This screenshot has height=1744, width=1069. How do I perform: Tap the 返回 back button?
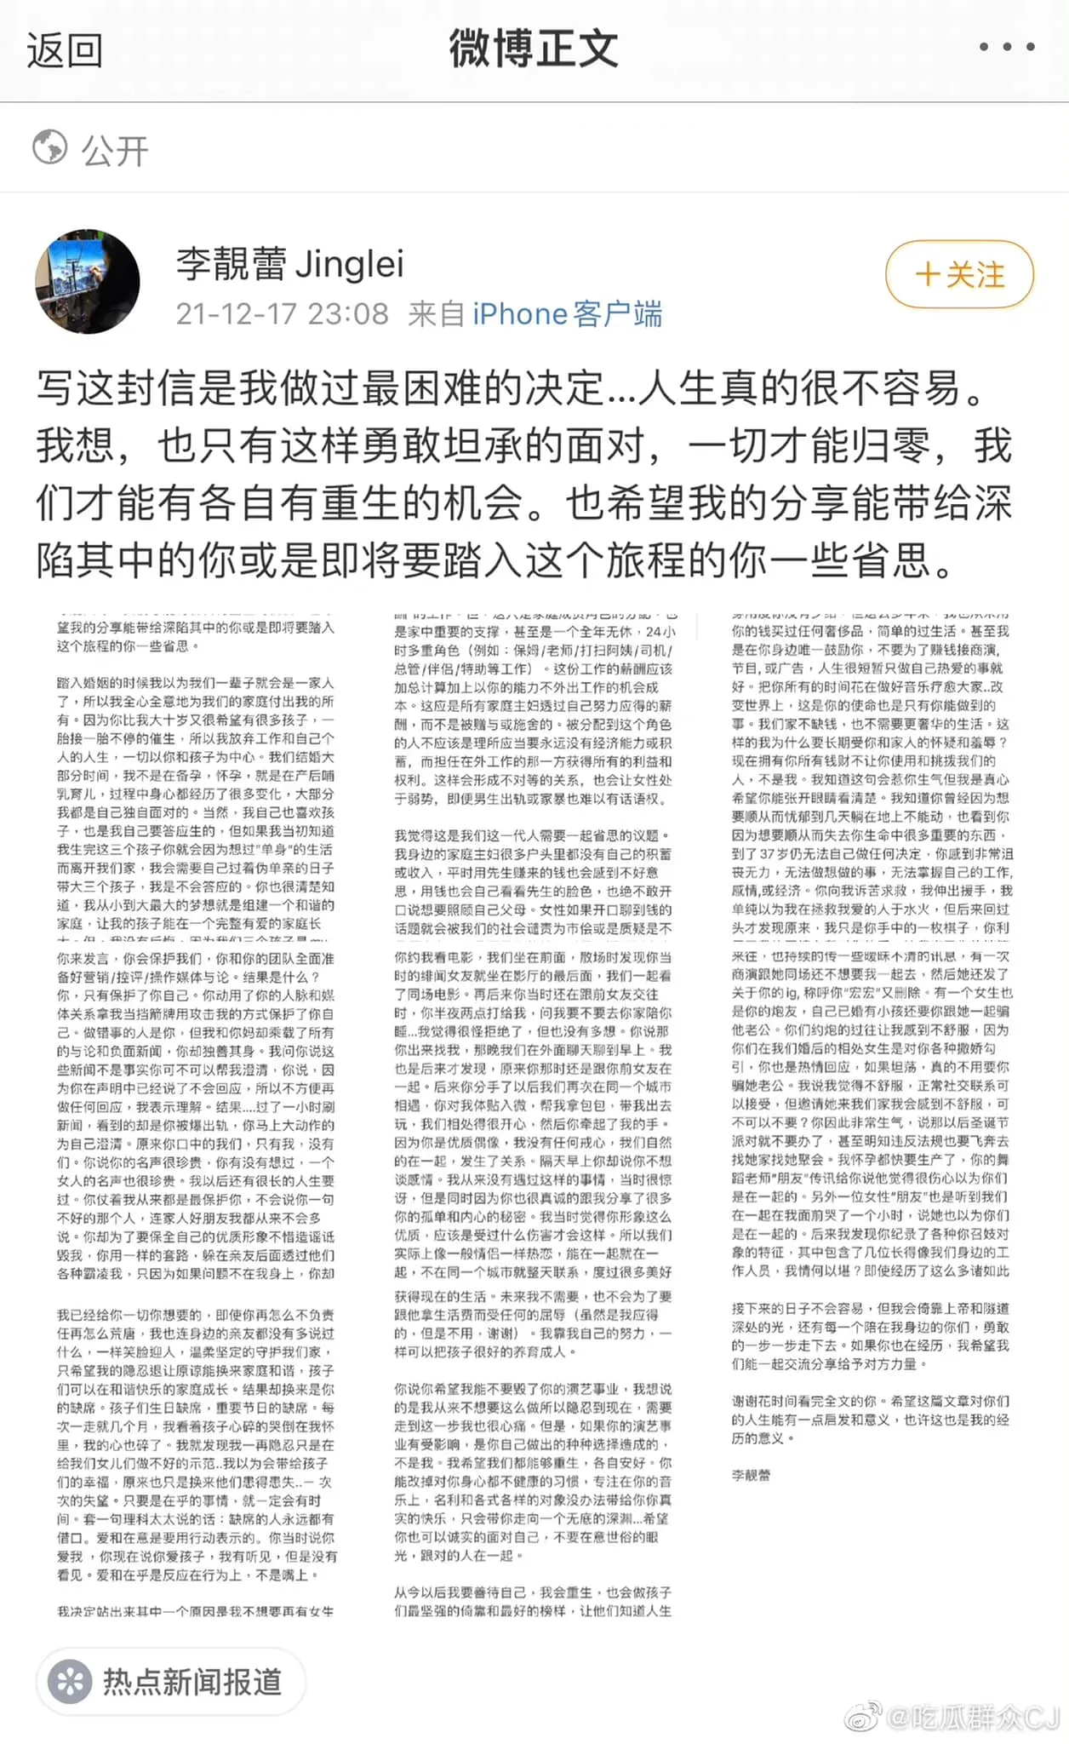(x=65, y=50)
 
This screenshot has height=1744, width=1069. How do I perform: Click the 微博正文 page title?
(x=534, y=49)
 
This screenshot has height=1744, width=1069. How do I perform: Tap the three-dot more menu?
(x=1006, y=47)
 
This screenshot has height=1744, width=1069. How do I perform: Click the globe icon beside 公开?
(x=50, y=147)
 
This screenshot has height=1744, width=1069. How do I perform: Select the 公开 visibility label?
(x=115, y=151)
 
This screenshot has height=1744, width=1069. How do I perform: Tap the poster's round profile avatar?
(x=88, y=281)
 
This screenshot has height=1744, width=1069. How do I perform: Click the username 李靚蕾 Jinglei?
(x=289, y=264)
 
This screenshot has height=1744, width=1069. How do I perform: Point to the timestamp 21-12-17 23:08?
(x=282, y=314)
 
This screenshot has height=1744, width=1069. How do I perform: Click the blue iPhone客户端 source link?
(x=567, y=314)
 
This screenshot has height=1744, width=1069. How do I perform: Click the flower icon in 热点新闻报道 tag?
(x=70, y=1682)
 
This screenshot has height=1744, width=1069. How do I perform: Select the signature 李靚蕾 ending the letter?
(x=751, y=1476)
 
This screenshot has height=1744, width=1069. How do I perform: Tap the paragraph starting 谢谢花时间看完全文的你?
(x=871, y=1419)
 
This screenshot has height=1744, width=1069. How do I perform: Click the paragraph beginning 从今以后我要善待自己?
(x=533, y=1601)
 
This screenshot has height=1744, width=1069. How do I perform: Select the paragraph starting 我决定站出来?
(x=195, y=1611)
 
